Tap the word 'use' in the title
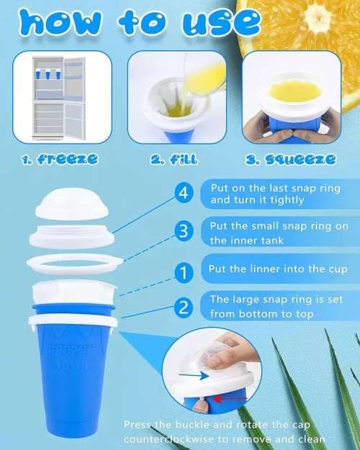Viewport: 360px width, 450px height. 209,24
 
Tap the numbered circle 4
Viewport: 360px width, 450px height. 184,194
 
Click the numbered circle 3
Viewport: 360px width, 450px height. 184,232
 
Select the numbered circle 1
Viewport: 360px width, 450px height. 184,272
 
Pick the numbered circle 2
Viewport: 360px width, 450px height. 184,307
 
